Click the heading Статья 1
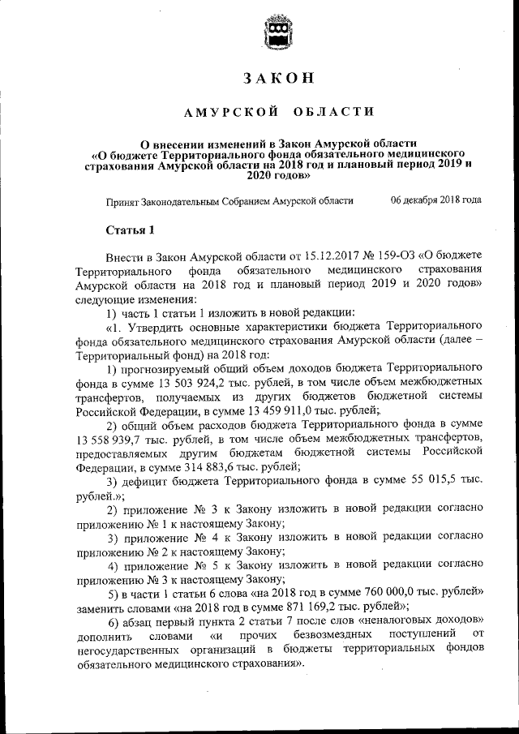click(x=130, y=230)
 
